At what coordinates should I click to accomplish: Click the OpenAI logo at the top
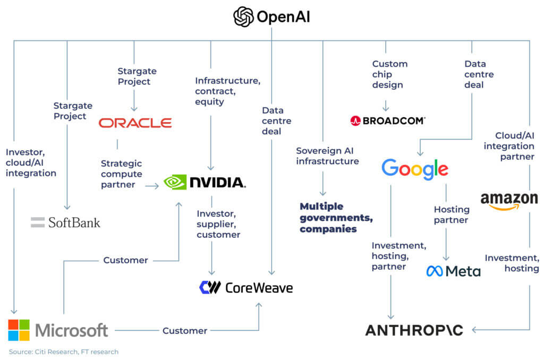tap(271, 17)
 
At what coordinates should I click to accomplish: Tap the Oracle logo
tap(135, 123)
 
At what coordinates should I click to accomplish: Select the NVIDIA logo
tap(205, 182)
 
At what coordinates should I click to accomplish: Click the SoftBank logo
tap(65, 222)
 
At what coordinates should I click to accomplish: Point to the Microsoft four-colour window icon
tap(19, 330)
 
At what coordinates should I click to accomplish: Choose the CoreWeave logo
tap(245, 288)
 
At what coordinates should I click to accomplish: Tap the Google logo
tap(415, 168)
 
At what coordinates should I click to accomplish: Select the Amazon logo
tap(509, 201)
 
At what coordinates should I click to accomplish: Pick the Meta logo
tap(453, 271)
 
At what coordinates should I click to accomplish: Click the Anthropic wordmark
tap(414, 330)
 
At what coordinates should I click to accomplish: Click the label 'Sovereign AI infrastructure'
tap(327, 156)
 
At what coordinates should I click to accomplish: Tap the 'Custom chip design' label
tap(389, 74)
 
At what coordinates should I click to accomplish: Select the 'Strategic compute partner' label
tap(122, 174)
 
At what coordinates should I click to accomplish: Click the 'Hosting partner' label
tap(451, 215)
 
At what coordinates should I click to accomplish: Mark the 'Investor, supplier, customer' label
tap(218, 224)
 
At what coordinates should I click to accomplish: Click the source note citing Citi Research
tap(63, 352)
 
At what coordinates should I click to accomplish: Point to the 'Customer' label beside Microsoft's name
tap(184, 330)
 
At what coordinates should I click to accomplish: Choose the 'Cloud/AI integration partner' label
tap(508, 146)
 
